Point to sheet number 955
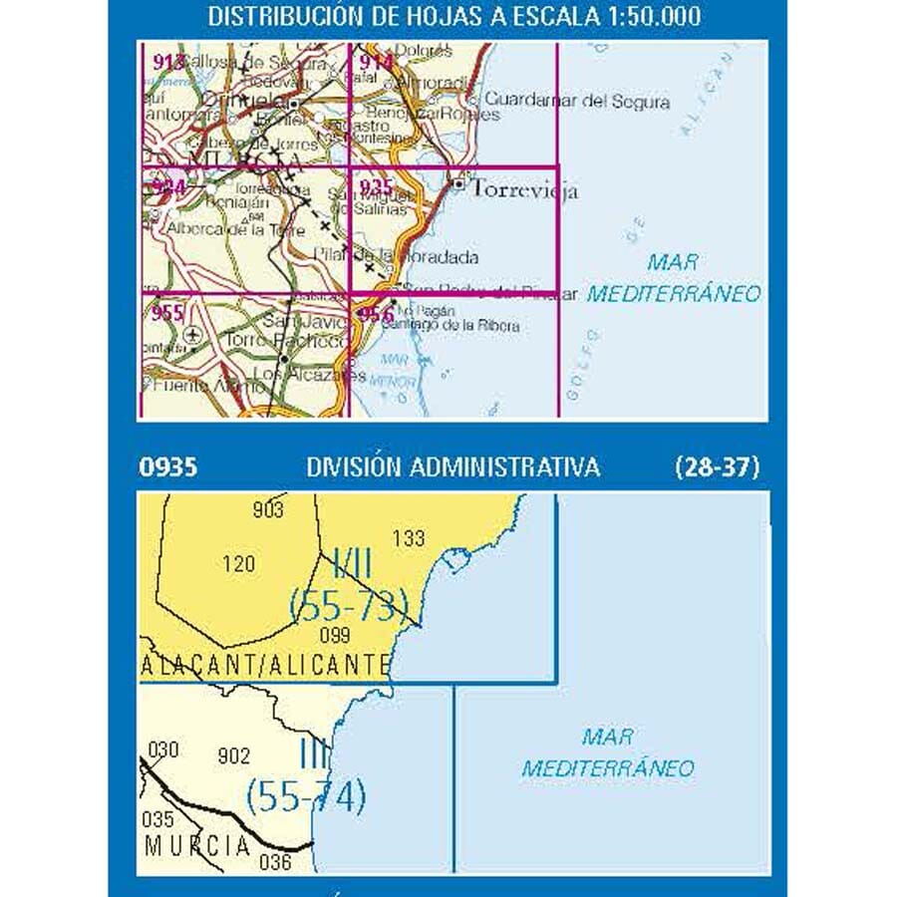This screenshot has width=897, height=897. coord(168,313)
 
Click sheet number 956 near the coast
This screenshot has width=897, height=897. coord(375,316)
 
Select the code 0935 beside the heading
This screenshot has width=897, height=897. coord(170,466)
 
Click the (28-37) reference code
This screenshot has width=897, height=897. coord(717,466)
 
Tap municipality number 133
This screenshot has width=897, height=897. coord(409,539)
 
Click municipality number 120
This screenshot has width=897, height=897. coord(238,564)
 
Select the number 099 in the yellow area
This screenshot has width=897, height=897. coord(333,636)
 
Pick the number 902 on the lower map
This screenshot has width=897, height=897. coord(233,756)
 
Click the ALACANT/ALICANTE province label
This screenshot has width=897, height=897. coord(265,666)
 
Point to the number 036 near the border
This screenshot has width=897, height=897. coord(275,863)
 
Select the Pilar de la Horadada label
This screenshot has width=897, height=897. coord(396,256)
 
